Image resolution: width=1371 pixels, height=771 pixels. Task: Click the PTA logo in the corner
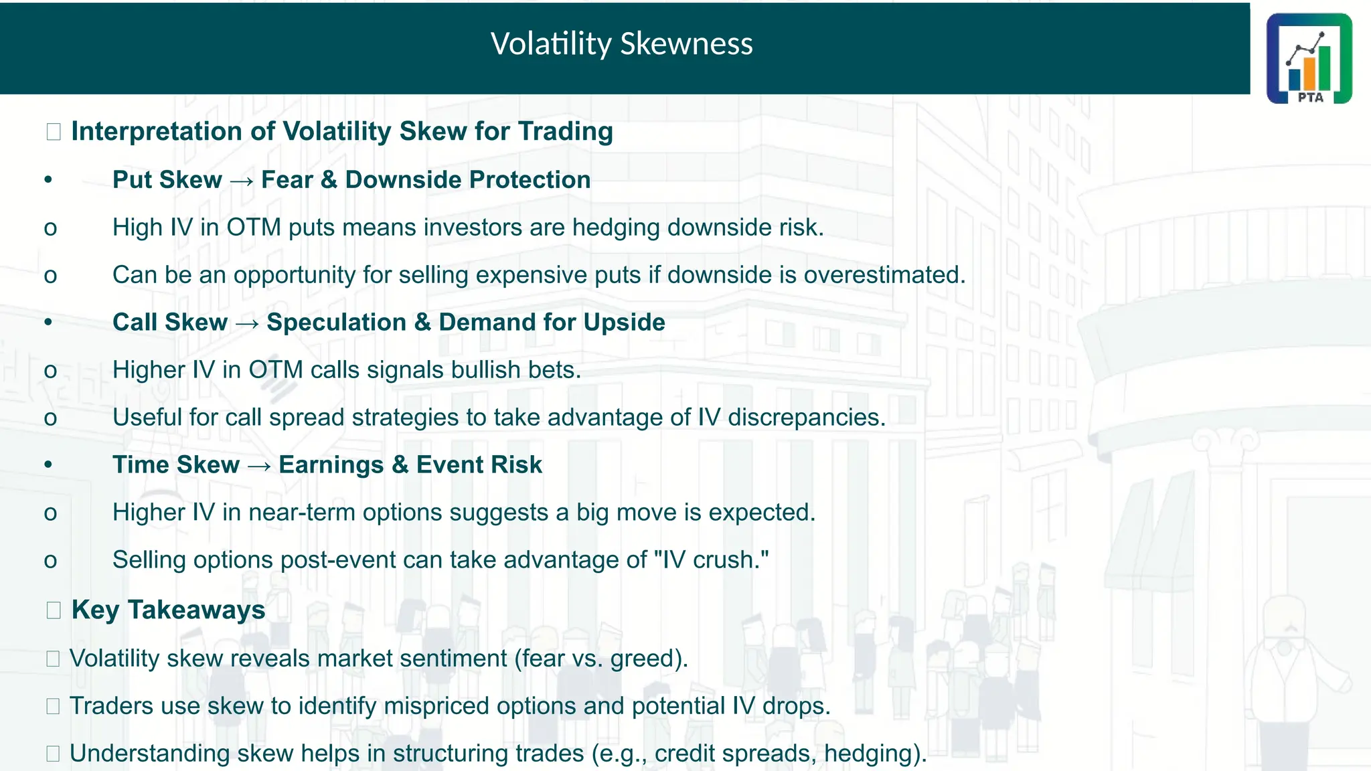[x=1309, y=58]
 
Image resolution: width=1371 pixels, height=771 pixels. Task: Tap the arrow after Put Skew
[x=241, y=181]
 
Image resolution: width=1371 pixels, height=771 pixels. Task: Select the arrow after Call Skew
[x=247, y=323]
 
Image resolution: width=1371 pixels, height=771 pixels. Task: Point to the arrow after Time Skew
[x=259, y=466]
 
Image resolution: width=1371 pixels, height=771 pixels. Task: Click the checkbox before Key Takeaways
[x=54, y=610]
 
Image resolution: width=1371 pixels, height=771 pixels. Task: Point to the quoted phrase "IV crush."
[x=712, y=560]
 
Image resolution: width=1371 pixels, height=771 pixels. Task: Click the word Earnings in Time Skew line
[x=331, y=465]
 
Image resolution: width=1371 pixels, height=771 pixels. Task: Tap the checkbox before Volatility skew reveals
[x=54, y=659]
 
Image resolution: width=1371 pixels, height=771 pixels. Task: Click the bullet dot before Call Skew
[x=48, y=323]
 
